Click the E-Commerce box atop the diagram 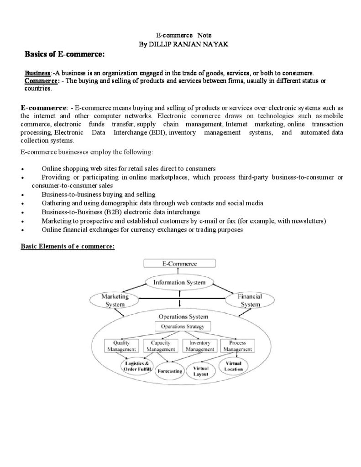(180, 264)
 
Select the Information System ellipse (179, 282)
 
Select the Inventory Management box (199, 346)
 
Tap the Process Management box (237, 346)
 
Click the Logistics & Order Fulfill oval (135, 366)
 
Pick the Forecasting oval (170, 371)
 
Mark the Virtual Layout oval (201, 371)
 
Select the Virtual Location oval (234, 366)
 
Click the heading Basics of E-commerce (64, 55)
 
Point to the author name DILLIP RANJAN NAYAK (180, 44)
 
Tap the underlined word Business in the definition (37, 73)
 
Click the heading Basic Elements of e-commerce (68, 246)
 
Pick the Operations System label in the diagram (180, 317)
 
